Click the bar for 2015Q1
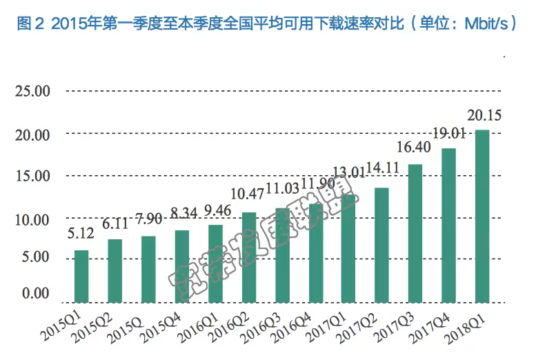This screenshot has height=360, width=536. pos(81,276)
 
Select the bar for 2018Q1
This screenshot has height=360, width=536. pos(482,216)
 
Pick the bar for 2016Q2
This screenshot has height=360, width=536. pos(249,257)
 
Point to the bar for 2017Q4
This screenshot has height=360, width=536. pos(448,226)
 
